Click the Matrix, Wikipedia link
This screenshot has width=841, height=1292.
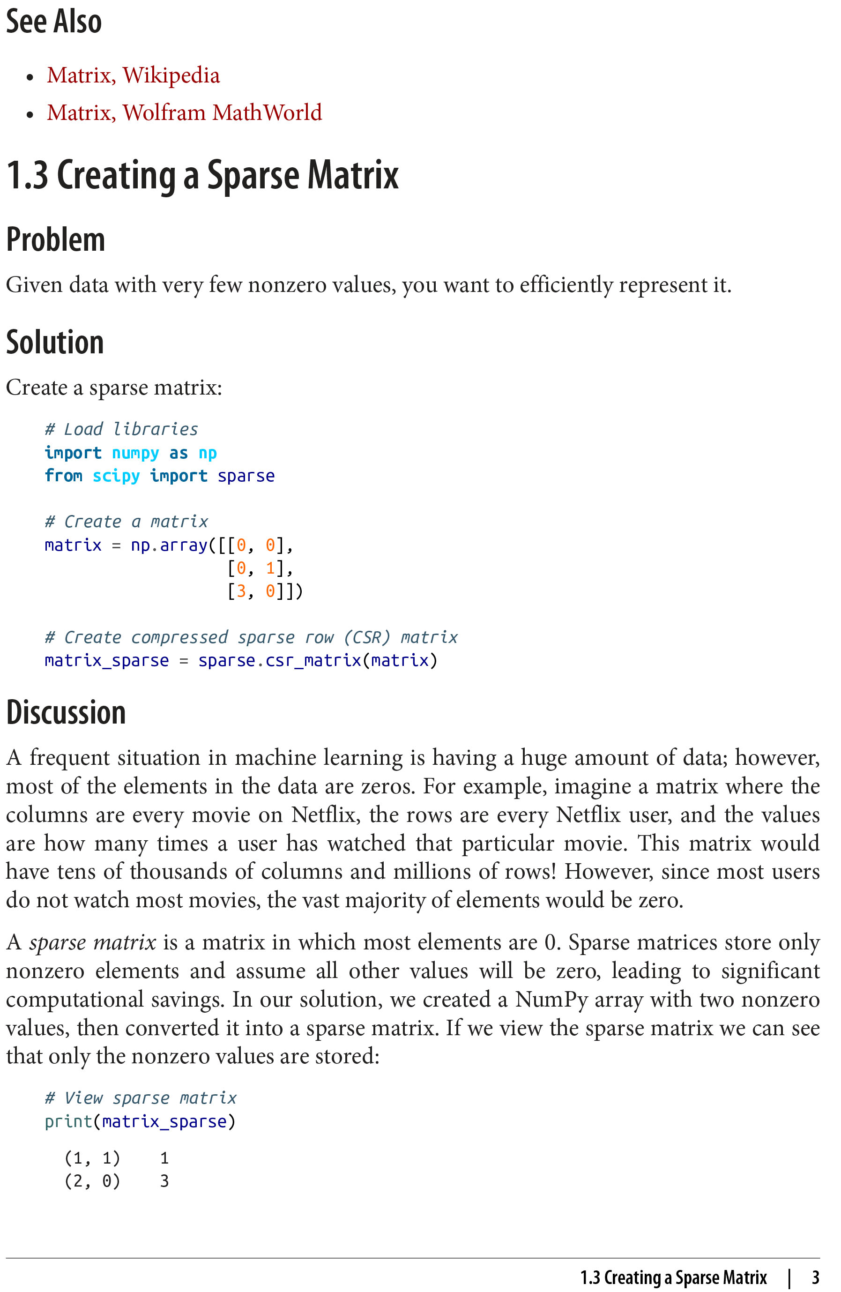(133, 75)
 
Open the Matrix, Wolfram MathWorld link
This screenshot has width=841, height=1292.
(184, 113)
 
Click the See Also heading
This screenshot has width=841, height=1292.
(54, 22)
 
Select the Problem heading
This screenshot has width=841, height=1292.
(55, 239)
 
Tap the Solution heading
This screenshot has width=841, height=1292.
(55, 343)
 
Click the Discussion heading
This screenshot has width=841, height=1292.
(66, 712)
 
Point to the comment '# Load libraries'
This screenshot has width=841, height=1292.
(121, 429)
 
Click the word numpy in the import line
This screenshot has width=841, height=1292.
(135, 453)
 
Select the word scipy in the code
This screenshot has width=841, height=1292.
(116, 476)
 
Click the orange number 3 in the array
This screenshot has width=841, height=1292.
(241, 590)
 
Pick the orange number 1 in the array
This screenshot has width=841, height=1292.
(270, 568)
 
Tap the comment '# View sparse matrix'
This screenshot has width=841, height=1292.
(141, 1098)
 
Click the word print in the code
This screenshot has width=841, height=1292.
(68, 1121)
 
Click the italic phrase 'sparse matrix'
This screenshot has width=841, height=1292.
(93, 942)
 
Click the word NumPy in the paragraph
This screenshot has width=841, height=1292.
(551, 1000)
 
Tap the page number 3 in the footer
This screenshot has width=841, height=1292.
(815, 1277)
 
